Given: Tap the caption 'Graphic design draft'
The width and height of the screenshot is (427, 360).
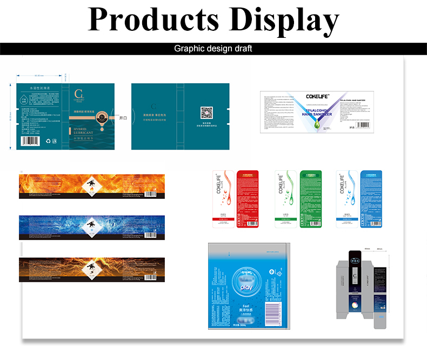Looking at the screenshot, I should pyautogui.click(x=213, y=49).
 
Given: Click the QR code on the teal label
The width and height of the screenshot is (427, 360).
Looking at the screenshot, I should pyautogui.click(x=207, y=113).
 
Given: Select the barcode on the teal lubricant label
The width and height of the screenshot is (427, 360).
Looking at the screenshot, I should pyautogui.click(x=30, y=142).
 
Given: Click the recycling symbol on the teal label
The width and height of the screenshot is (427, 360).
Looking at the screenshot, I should pyautogui.click(x=49, y=142).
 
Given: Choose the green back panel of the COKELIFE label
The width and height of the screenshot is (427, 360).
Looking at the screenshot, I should pyautogui.click(x=311, y=198).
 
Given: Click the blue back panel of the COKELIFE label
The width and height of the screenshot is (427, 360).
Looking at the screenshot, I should pyautogui.click(x=371, y=198).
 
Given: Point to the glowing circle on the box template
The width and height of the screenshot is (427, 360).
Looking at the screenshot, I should pyautogui.click(x=355, y=309).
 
